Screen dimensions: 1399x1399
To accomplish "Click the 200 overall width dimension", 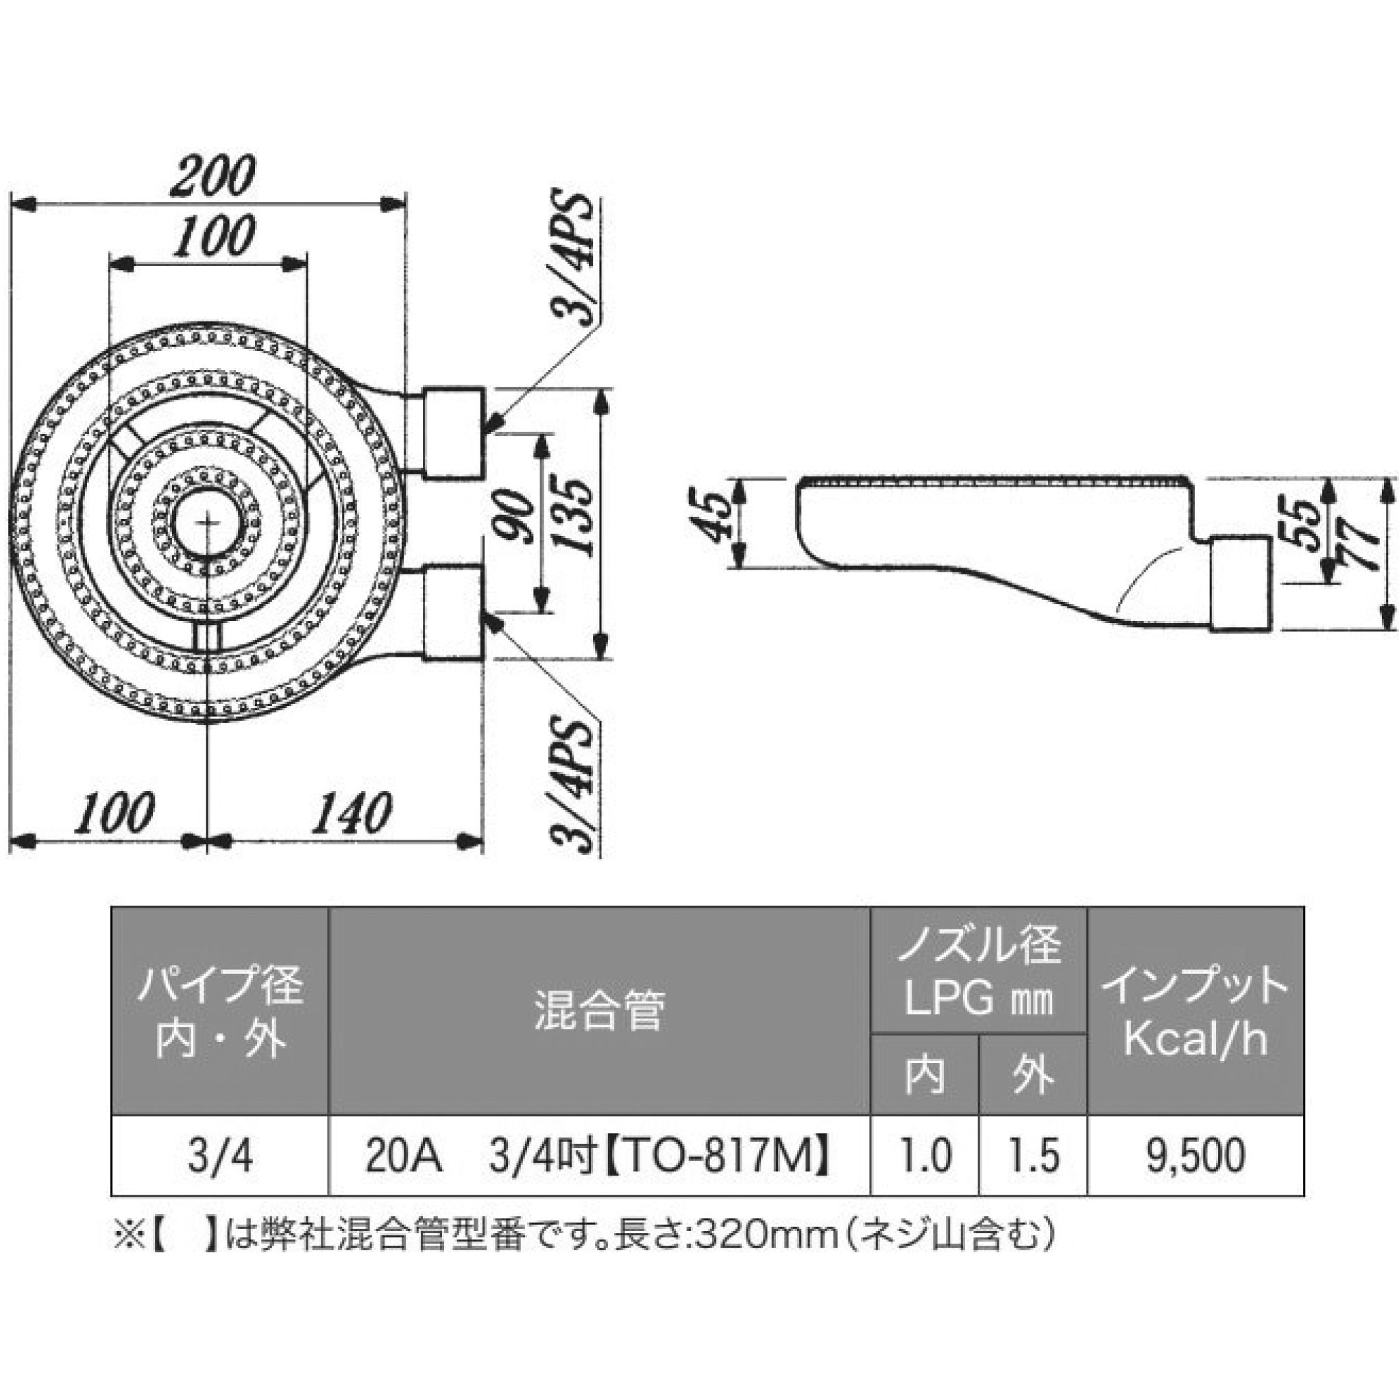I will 213,176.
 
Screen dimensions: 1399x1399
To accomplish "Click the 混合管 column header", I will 599,1010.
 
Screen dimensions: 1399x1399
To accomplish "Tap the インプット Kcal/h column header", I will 1195,1010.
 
